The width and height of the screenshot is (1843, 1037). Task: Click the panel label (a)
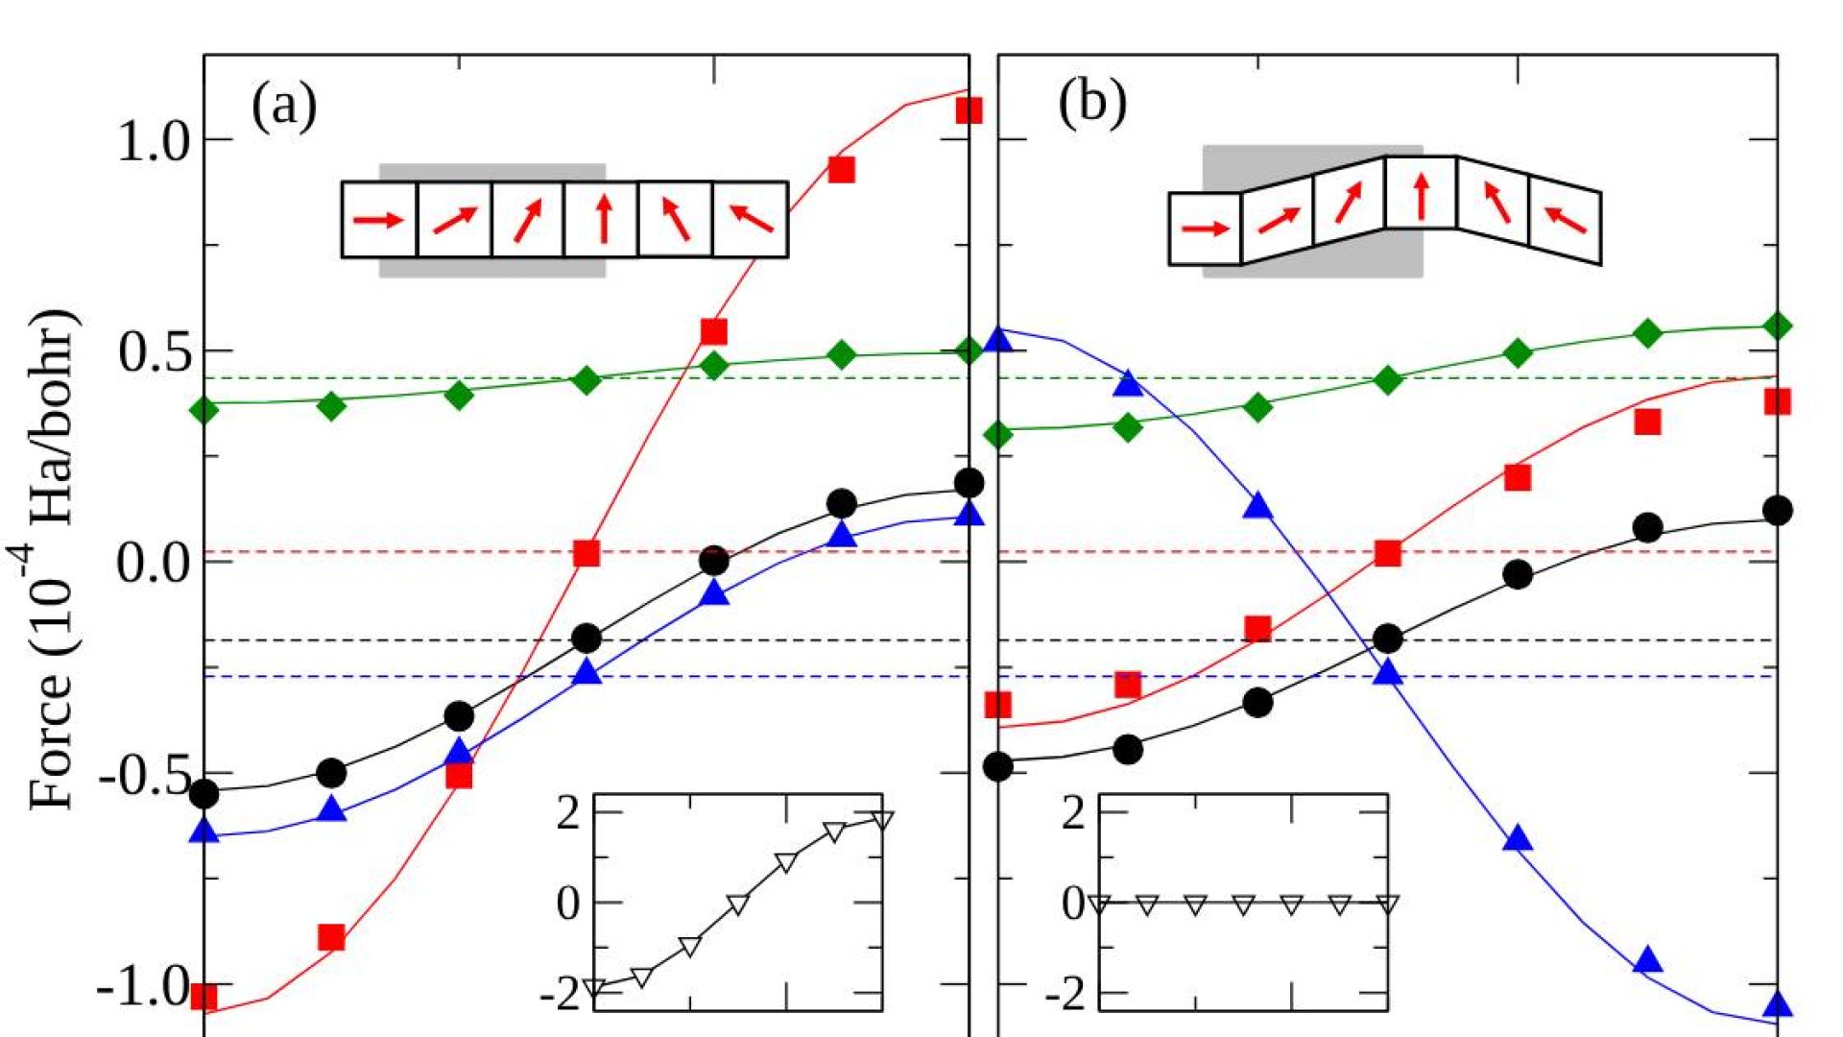284,106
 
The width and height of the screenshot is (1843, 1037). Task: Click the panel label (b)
1092,103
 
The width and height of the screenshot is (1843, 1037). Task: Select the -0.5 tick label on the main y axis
145,776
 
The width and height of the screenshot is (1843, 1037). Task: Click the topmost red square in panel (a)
969,110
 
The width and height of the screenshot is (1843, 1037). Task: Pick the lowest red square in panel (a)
203,997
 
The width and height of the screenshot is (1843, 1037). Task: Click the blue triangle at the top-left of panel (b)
999,339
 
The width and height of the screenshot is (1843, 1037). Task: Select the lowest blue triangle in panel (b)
1778,1004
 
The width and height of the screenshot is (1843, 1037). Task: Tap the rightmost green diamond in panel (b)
1778,326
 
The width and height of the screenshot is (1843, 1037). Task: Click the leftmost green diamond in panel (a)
203,410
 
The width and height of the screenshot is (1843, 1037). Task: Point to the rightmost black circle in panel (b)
1778,510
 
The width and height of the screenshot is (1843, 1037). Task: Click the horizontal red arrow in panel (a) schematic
378,221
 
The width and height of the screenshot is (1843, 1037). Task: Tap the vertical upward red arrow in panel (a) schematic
603,218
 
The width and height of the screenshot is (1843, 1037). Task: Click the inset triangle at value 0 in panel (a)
737,904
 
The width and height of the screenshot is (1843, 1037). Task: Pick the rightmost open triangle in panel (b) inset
1387,904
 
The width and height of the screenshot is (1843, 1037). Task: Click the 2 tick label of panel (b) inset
1073,813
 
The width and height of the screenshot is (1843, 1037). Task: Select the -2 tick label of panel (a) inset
561,995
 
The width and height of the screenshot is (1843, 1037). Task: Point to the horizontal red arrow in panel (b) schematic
1206,229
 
